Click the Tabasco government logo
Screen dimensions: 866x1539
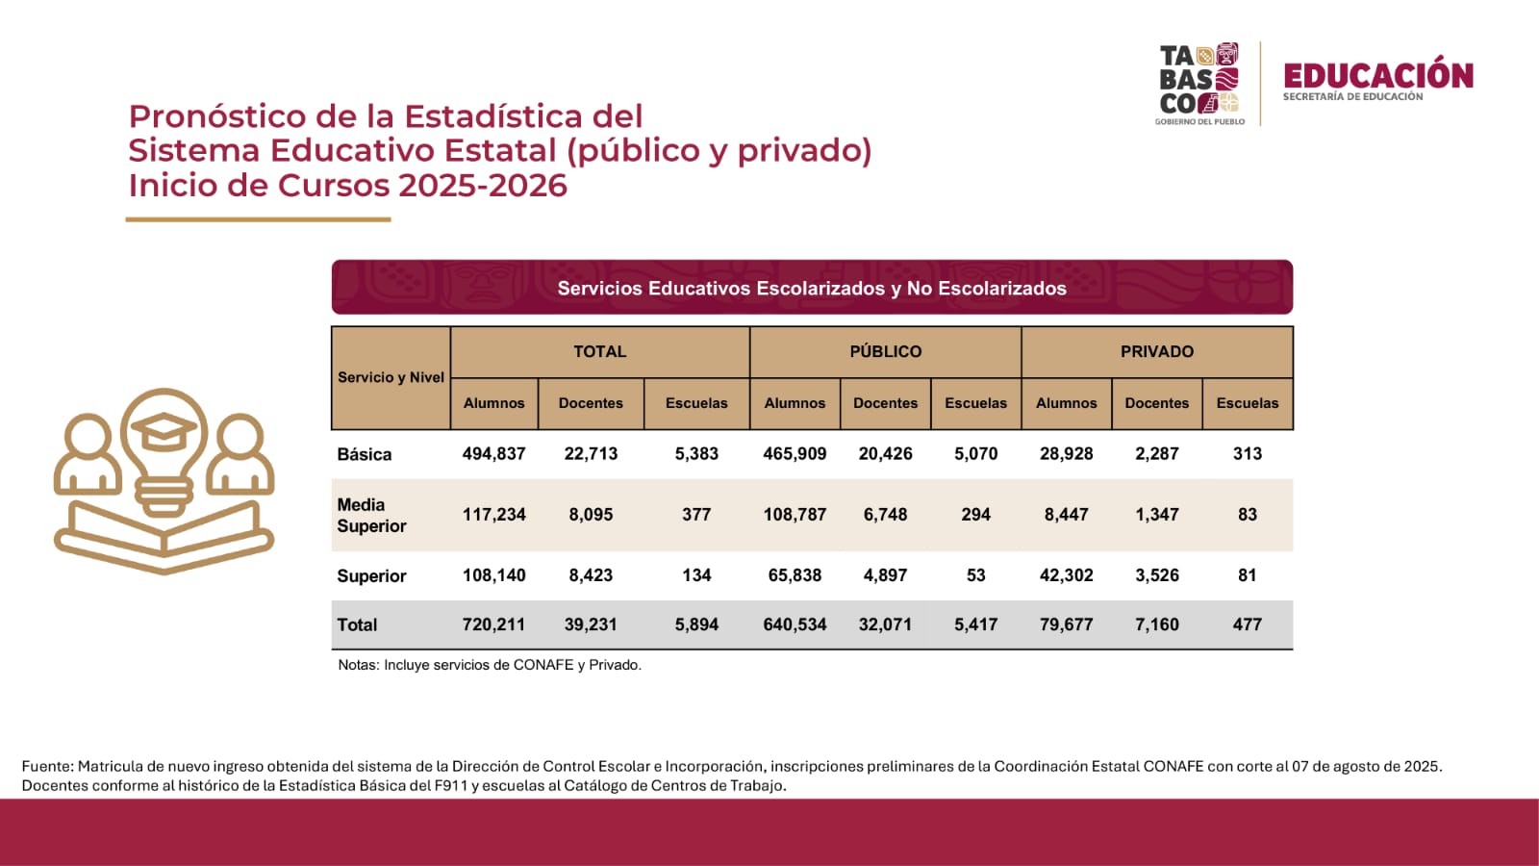click(x=1198, y=83)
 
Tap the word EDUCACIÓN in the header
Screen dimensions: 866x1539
click(x=1377, y=75)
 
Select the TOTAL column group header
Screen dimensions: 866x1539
click(x=599, y=352)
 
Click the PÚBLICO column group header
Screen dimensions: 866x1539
click(x=885, y=352)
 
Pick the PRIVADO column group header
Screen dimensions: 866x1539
click(x=1156, y=352)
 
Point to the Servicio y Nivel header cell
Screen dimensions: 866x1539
click(x=391, y=377)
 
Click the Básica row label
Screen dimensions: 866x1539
click(x=365, y=454)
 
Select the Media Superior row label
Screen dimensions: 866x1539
click(x=371, y=515)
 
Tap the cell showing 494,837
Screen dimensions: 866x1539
click(x=493, y=453)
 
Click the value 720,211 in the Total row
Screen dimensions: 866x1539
click(x=493, y=624)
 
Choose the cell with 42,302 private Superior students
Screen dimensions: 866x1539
click(x=1066, y=575)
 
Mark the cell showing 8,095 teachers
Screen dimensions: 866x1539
click(x=591, y=515)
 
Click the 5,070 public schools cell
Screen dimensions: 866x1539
click(x=975, y=453)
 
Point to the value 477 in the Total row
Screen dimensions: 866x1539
click(x=1247, y=624)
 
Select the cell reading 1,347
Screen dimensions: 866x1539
click(x=1156, y=515)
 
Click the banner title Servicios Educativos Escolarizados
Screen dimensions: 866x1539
click(x=812, y=288)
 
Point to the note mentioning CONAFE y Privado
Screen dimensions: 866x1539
click(x=490, y=665)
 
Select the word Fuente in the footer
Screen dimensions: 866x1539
click(x=47, y=767)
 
